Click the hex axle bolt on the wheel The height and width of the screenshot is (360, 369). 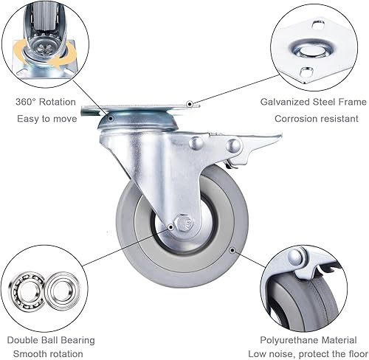click(x=184, y=223)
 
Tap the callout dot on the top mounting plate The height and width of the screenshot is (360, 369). click(x=190, y=104)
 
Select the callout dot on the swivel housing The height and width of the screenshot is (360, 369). click(x=111, y=119)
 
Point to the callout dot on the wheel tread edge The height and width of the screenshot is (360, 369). click(x=232, y=250)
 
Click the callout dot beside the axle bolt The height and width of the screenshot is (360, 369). click(x=170, y=227)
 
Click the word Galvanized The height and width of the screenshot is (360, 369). click(x=285, y=102)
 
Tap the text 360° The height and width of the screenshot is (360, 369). click(x=26, y=102)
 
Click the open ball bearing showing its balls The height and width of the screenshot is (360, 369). click(x=27, y=291)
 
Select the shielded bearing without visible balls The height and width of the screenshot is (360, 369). click(x=63, y=289)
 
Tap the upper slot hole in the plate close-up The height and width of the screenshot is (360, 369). click(x=318, y=24)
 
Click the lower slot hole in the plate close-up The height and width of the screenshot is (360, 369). click(x=306, y=72)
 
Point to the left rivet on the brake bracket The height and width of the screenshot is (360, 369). click(x=196, y=143)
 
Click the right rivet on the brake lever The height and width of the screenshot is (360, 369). click(x=233, y=145)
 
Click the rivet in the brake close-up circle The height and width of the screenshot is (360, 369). click(x=295, y=257)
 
